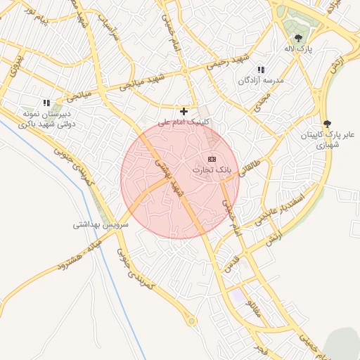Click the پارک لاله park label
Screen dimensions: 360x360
click(x=299, y=49)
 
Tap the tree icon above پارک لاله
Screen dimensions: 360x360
click(x=299, y=38)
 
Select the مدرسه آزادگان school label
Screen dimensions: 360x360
click(x=260, y=81)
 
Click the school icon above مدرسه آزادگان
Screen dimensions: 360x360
click(x=261, y=70)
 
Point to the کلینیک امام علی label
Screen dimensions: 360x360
click(x=184, y=122)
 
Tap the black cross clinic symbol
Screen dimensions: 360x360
click(x=184, y=111)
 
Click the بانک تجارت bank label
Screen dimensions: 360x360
click(x=212, y=170)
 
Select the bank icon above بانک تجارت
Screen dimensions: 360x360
click(x=212, y=159)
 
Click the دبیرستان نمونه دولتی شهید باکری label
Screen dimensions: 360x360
click(x=47, y=119)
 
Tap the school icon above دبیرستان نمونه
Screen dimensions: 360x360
click(x=47, y=103)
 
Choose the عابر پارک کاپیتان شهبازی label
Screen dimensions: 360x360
click(x=326, y=139)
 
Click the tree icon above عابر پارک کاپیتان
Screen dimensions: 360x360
click(x=326, y=124)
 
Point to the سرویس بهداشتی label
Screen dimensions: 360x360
click(x=101, y=226)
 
